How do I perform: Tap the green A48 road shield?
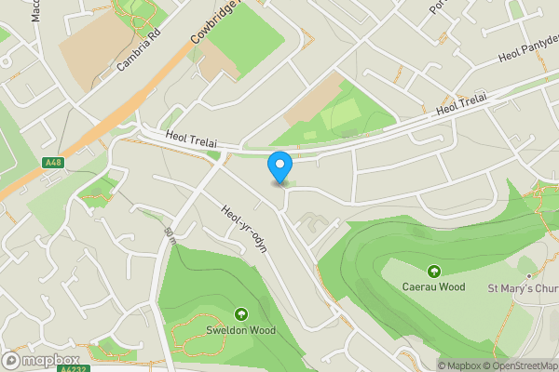(x=54, y=163)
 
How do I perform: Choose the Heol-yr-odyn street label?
(x=245, y=227)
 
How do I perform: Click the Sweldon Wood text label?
(x=241, y=330)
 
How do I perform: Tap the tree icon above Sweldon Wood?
(x=241, y=313)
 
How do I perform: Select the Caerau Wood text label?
(x=434, y=286)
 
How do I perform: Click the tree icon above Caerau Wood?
(x=434, y=271)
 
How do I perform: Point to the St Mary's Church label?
(x=523, y=287)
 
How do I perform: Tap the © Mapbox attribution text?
(x=463, y=365)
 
